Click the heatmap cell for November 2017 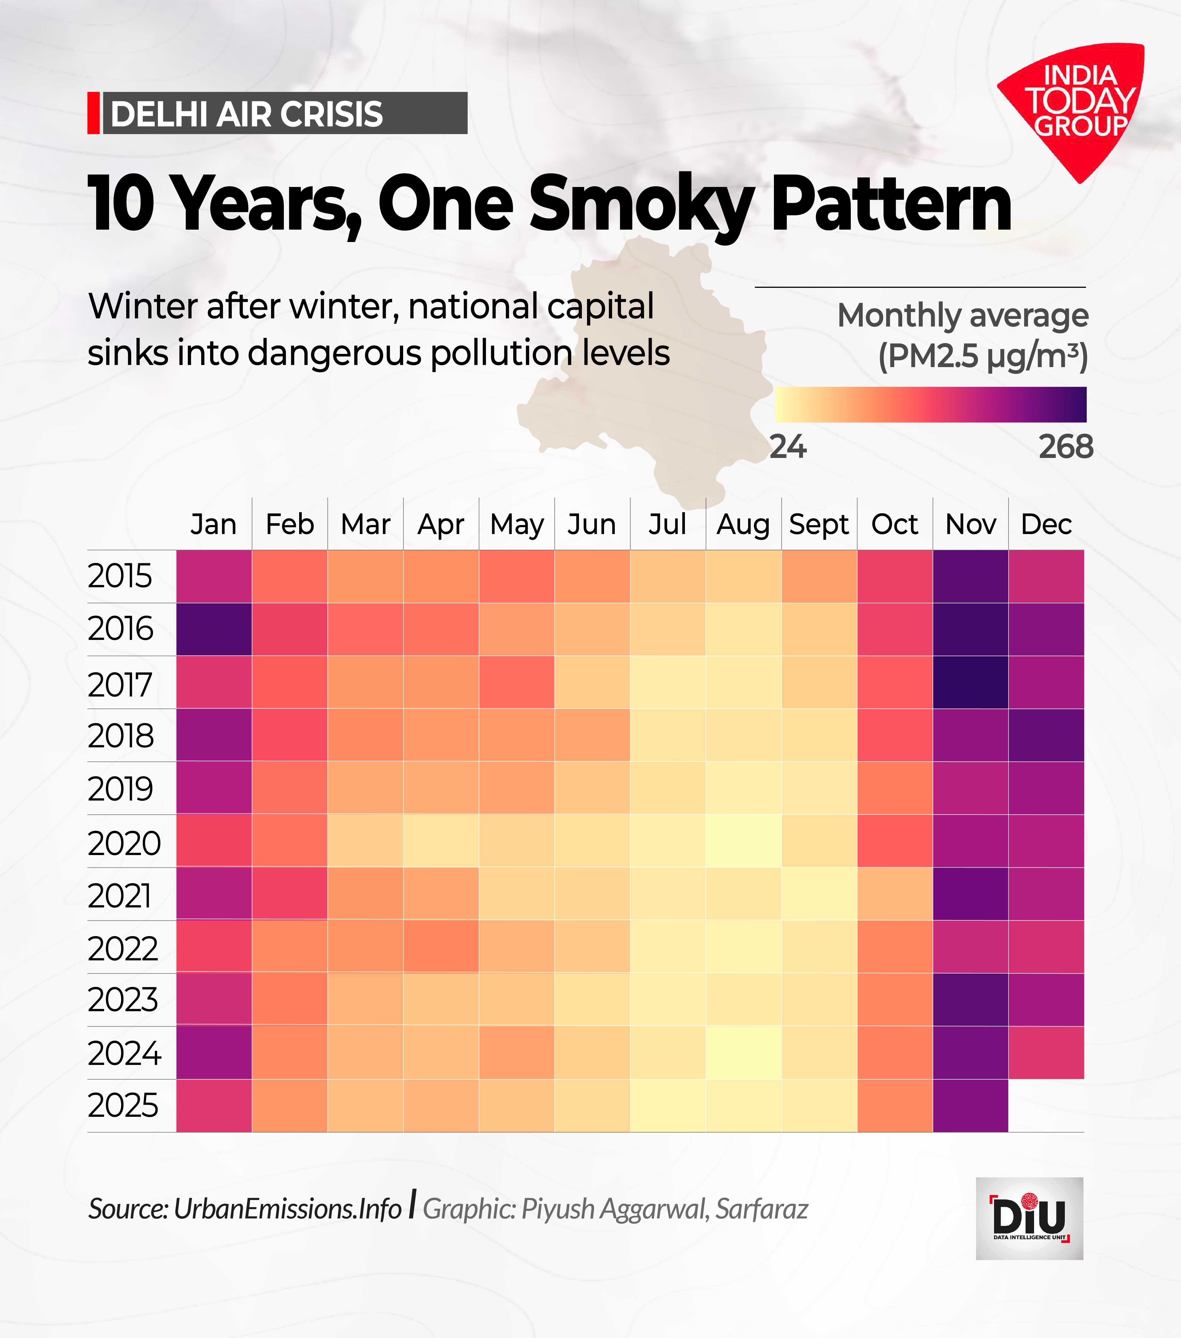(x=970, y=682)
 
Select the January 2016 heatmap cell (x=214, y=629)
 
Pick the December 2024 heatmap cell (x=1046, y=1053)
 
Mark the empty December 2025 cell (x=1046, y=1106)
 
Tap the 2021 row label (x=120, y=895)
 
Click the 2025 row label (x=123, y=1106)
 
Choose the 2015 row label (x=120, y=576)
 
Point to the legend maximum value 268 (x=1066, y=447)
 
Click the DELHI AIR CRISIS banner (x=278, y=113)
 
